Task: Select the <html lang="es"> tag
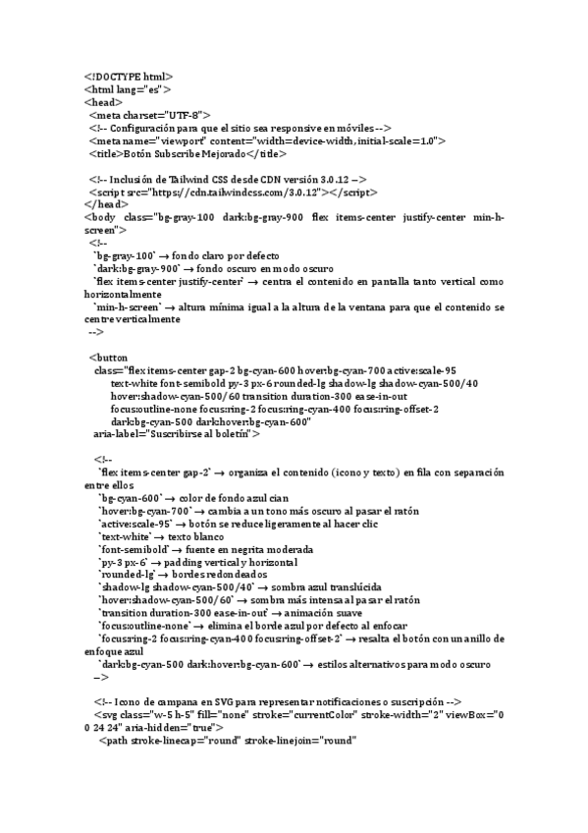(128, 88)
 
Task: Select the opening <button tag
(108, 358)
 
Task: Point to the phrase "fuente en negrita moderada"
(249, 549)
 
